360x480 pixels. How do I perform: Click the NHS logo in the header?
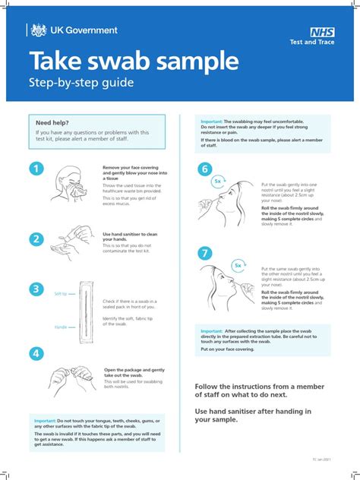[x=321, y=32]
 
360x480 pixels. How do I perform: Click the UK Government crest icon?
[x=38, y=30]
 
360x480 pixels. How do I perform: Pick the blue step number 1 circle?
[x=36, y=168]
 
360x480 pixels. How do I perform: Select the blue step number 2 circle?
[x=36, y=239]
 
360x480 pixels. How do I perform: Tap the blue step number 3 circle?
[x=36, y=289]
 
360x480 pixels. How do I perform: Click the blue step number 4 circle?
[x=36, y=353]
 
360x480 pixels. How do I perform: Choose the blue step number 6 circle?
[x=204, y=169]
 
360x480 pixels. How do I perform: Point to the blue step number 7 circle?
[x=204, y=253]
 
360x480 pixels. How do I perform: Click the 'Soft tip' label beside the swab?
[x=61, y=293]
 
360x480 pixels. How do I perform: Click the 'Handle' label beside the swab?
[x=61, y=327]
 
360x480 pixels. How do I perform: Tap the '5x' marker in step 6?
[x=217, y=182]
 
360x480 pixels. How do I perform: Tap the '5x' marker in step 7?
[x=238, y=265]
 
